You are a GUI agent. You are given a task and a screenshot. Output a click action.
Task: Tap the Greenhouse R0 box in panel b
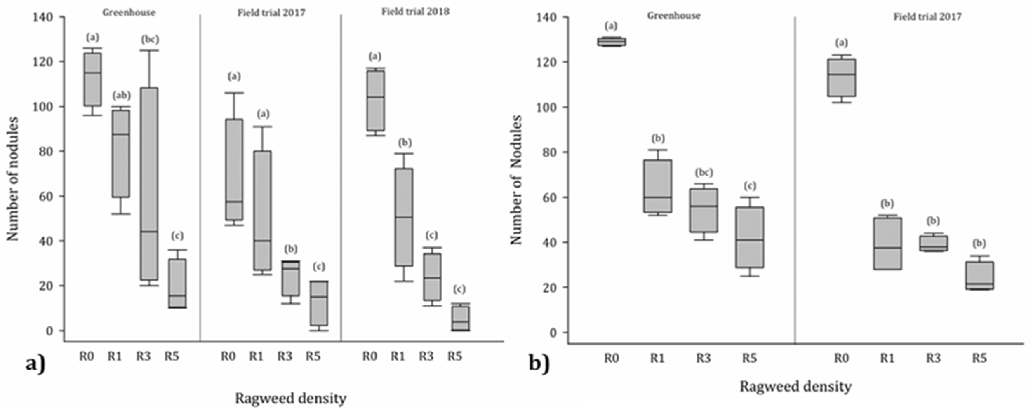[x=611, y=42]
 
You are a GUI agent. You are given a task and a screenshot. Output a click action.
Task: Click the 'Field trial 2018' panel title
[x=415, y=12]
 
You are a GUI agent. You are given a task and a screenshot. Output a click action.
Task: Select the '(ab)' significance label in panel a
[x=121, y=95]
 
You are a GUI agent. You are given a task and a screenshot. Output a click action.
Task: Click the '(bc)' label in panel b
[x=704, y=172]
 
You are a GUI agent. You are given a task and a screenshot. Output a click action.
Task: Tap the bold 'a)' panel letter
[x=35, y=364]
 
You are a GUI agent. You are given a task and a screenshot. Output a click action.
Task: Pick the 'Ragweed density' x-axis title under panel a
[x=291, y=398]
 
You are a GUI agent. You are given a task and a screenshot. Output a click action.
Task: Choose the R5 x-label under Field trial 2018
[x=455, y=356]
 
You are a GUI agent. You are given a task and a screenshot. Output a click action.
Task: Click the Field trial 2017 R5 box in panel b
[x=979, y=276]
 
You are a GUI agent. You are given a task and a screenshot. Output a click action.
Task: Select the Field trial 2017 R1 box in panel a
[x=263, y=210]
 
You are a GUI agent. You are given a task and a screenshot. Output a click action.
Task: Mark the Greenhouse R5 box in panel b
[x=749, y=237]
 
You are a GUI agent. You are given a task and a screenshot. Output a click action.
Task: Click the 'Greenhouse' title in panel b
[x=673, y=16]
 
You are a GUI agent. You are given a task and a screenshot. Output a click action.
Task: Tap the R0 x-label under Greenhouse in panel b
[x=611, y=358]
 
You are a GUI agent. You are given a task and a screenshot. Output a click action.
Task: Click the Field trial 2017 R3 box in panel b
[x=933, y=243]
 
